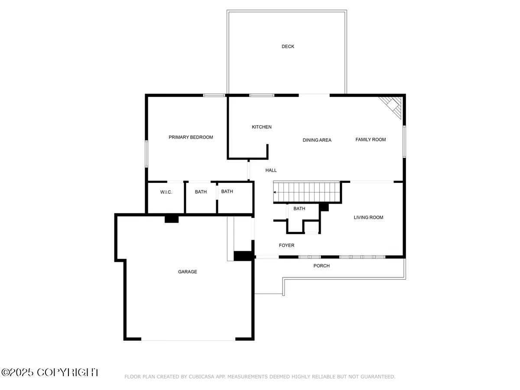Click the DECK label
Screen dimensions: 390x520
[288, 46]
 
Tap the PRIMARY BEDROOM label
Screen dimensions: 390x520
[191, 137]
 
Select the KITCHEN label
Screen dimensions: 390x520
[262, 127]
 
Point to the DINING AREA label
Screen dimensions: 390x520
[317, 140]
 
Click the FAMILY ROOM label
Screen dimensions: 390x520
[370, 140]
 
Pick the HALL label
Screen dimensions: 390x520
[271, 170]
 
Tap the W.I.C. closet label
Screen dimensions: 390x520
[166, 192]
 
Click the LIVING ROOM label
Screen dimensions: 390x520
[368, 218]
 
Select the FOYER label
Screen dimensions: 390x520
[286, 245]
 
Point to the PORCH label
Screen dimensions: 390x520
[322, 266]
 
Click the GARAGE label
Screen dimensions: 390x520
[187, 272]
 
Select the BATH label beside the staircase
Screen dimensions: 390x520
[299, 208]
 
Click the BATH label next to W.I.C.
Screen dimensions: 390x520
[201, 192]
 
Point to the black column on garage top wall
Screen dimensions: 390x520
[172, 219]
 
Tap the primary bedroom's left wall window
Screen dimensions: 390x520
[146, 154]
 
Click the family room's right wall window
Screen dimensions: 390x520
[404, 141]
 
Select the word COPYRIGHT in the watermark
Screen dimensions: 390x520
[68, 372]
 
